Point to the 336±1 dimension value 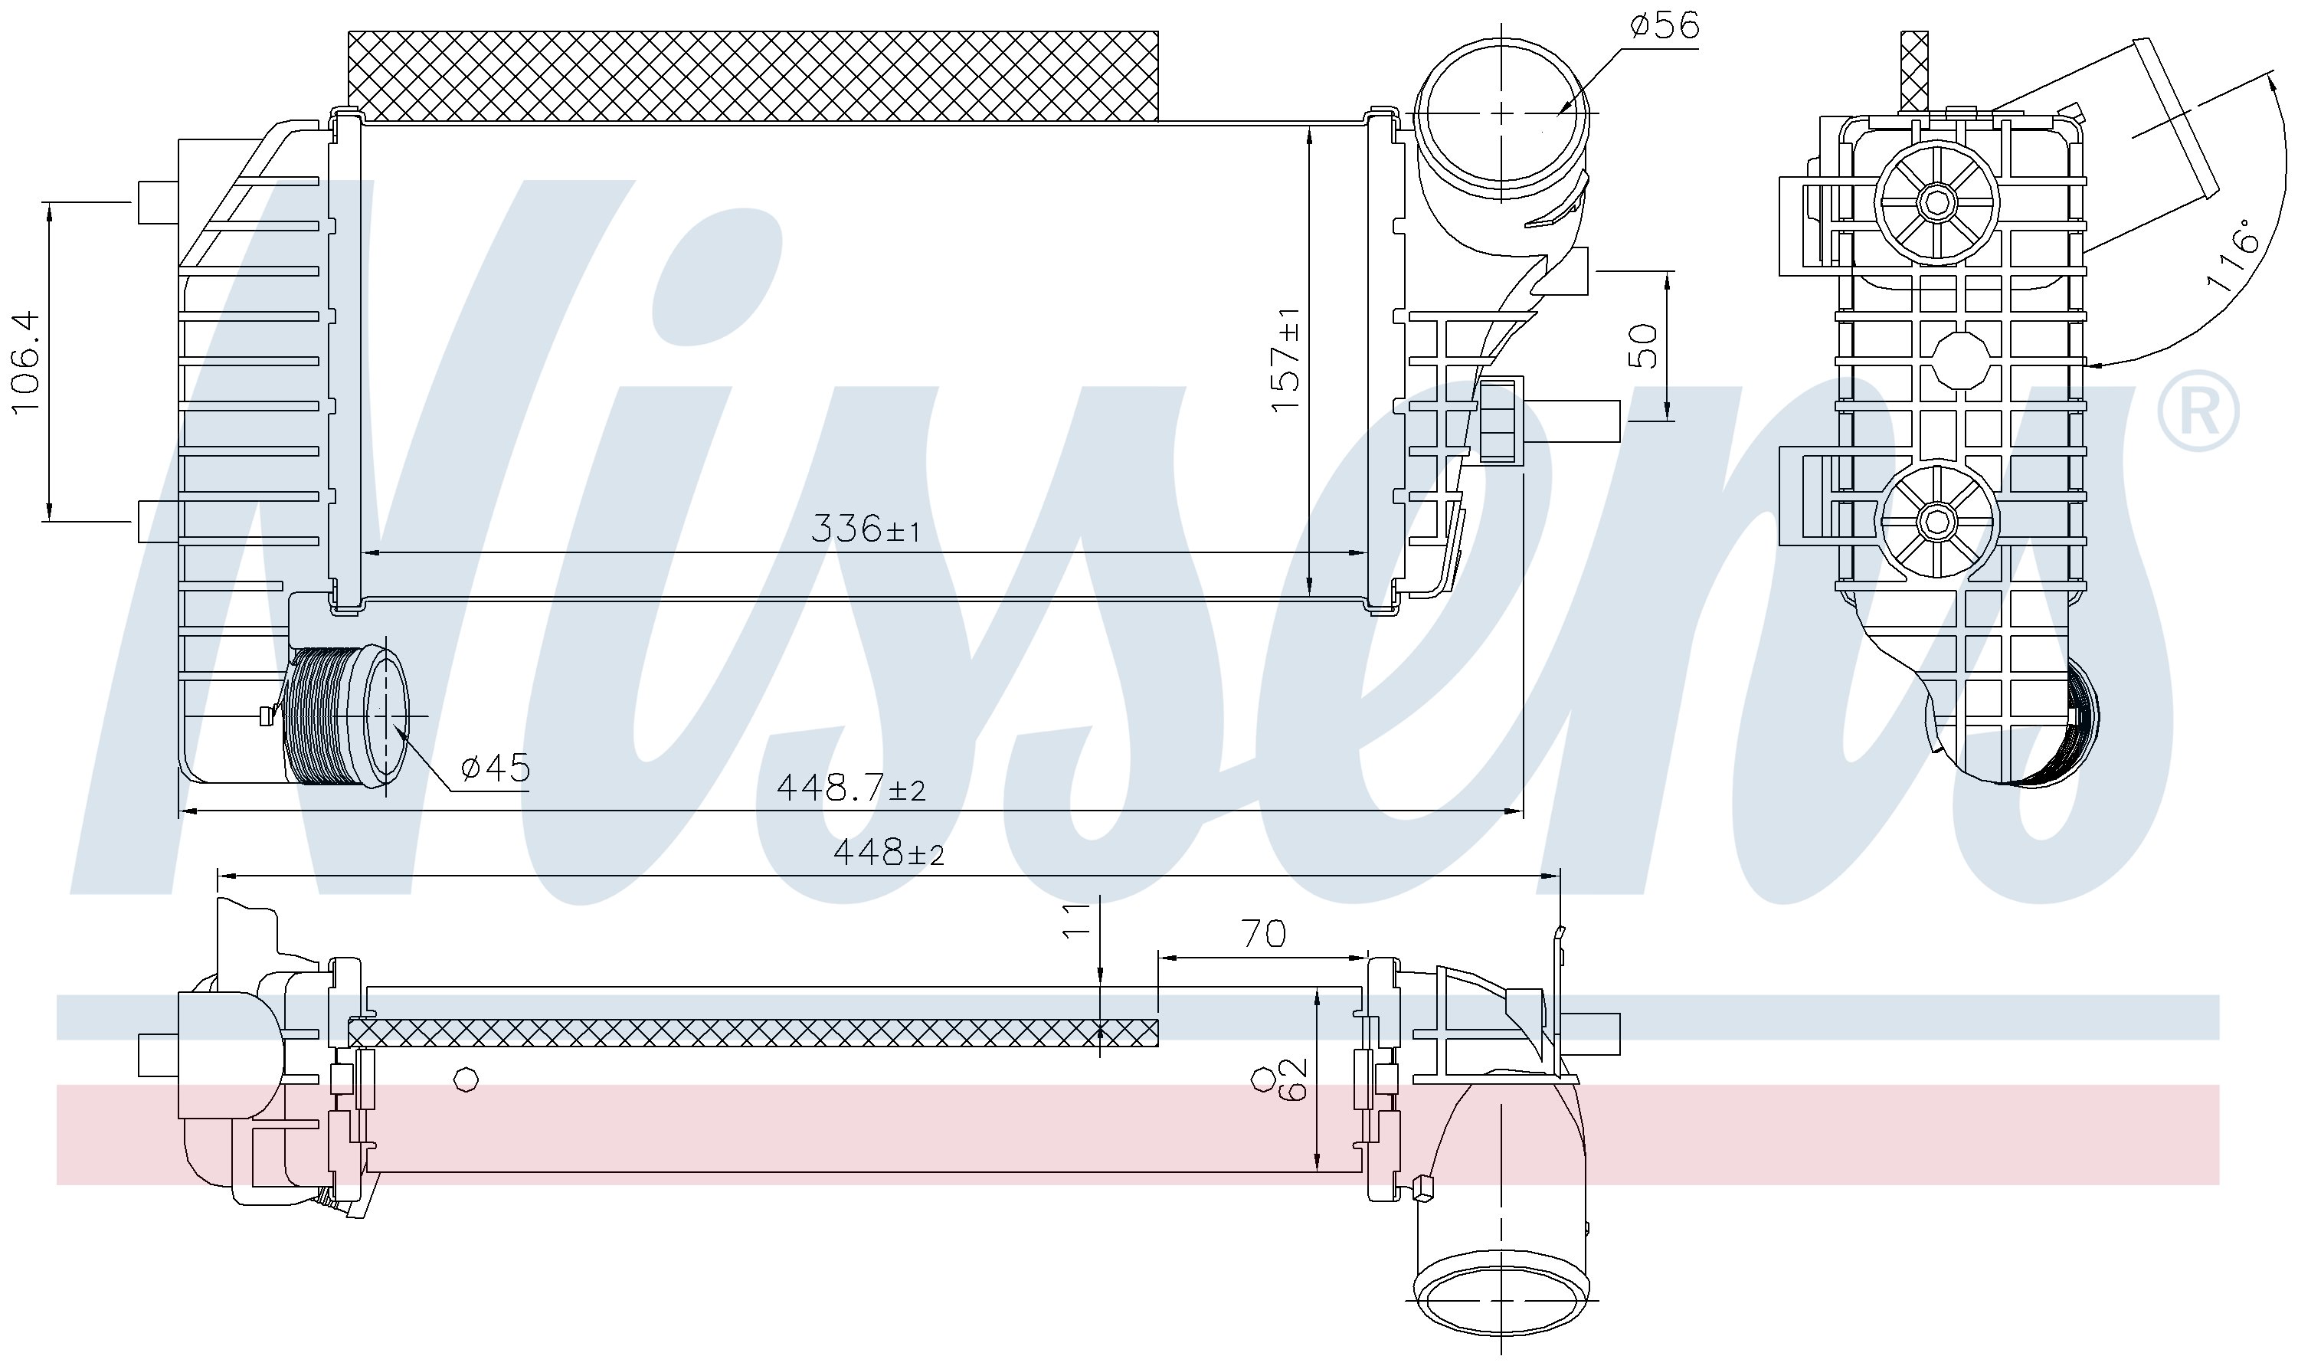click(x=865, y=529)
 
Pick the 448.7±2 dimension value click(x=850, y=787)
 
